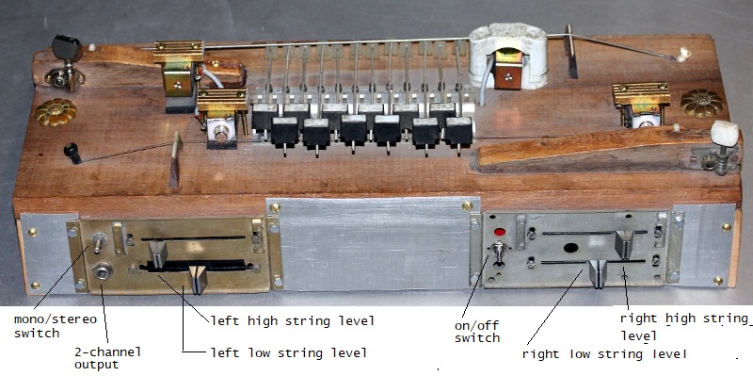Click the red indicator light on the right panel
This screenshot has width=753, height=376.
pos(500,232)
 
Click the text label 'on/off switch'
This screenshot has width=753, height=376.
pos(477,332)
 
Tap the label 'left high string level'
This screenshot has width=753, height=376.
pos(292,320)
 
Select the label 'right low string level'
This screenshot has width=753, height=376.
pos(604,354)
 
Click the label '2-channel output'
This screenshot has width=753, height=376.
pos(107,358)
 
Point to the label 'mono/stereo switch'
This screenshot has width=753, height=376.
pos(56,326)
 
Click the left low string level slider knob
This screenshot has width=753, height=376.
pos(198,279)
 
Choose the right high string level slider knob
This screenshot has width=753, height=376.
pos(624,244)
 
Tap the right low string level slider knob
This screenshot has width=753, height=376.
pos(598,273)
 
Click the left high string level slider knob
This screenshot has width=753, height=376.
pos(157,253)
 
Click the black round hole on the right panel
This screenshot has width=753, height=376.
pos(570,248)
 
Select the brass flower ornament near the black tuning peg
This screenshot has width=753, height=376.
pos(56,112)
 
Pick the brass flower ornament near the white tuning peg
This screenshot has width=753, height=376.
pos(701,103)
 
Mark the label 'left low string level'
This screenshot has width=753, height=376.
pos(289,353)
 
